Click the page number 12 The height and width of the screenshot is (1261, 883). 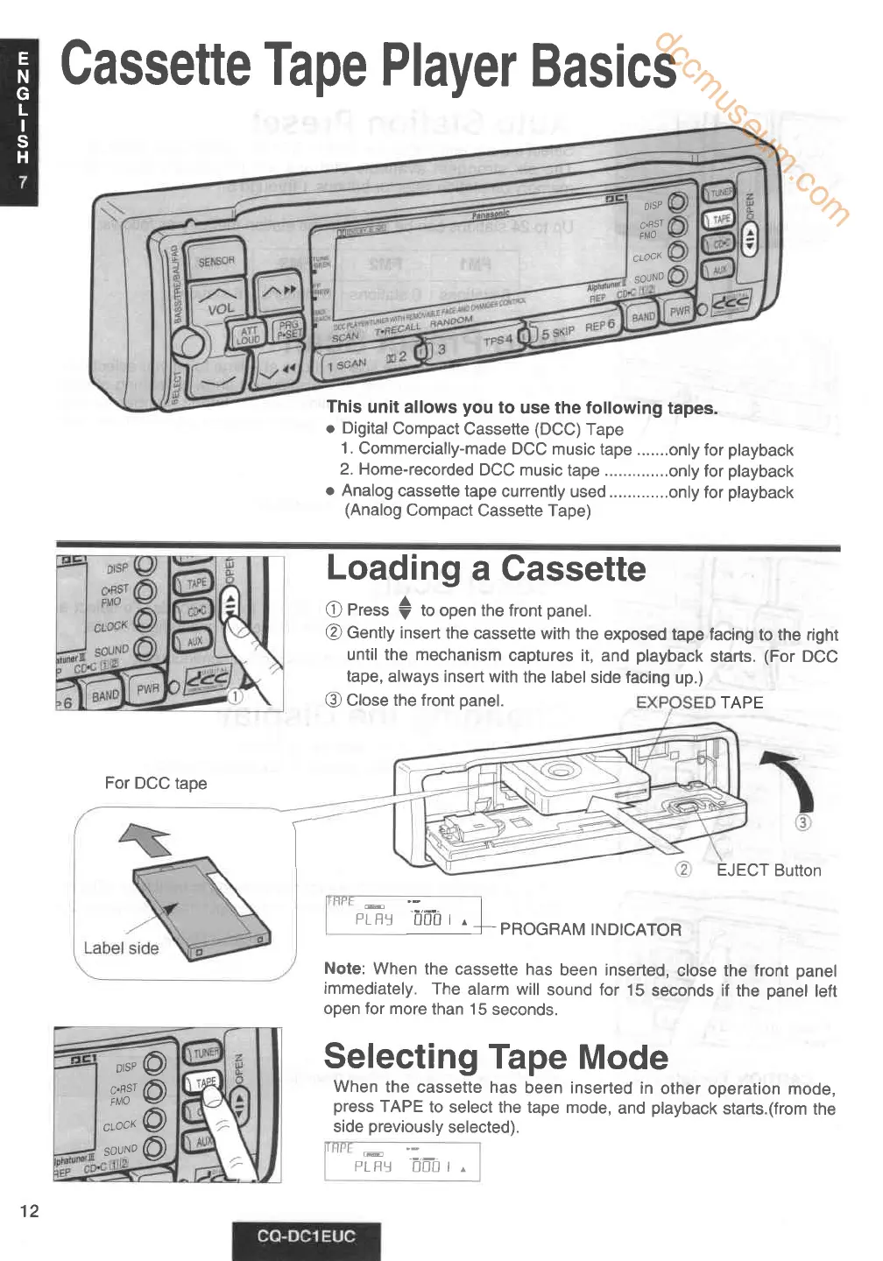coord(30,1211)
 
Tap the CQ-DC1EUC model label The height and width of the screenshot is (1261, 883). coord(306,1236)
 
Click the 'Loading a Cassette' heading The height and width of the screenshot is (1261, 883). coord(485,569)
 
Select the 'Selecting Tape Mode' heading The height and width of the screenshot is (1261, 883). coord(496,1057)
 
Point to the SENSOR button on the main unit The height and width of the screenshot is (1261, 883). coord(216,261)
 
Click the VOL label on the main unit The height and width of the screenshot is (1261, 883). coord(221,308)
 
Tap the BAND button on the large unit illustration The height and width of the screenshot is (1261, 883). coord(644,317)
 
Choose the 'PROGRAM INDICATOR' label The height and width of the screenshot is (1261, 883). coord(590,930)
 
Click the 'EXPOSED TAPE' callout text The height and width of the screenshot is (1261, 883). coord(699,702)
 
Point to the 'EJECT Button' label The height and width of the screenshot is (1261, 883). coord(768,870)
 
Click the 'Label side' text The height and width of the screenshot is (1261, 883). coord(121,948)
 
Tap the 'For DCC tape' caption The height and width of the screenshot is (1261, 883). coord(156,783)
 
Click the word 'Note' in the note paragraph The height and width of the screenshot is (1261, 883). coord(343,969)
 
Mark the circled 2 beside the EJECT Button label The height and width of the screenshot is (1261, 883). coord(683,870)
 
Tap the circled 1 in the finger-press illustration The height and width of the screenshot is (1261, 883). coord(236,697)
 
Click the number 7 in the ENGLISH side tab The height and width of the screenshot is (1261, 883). coord(24,182)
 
